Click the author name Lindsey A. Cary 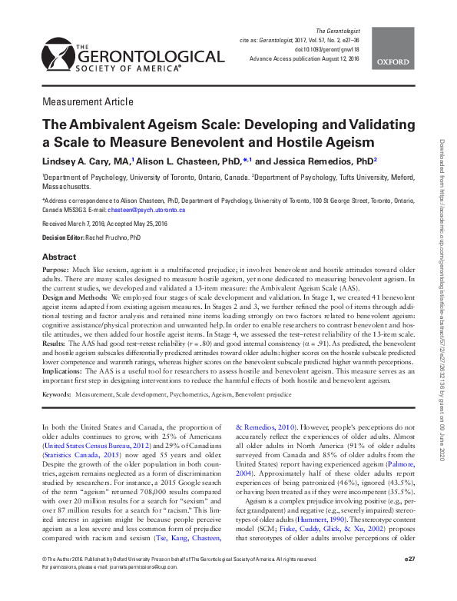[73, 162]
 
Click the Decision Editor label [61, 238]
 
